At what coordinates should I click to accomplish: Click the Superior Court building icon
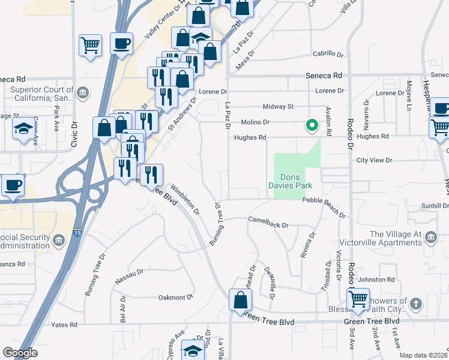click(x=83, y=92)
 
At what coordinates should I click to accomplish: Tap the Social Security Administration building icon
click(x=59, y=241)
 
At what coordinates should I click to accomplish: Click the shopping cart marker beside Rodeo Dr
click(x=358, y=299)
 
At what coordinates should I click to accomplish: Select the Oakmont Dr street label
click(x=175, y=296)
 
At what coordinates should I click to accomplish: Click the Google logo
click(x=20, y=353)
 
